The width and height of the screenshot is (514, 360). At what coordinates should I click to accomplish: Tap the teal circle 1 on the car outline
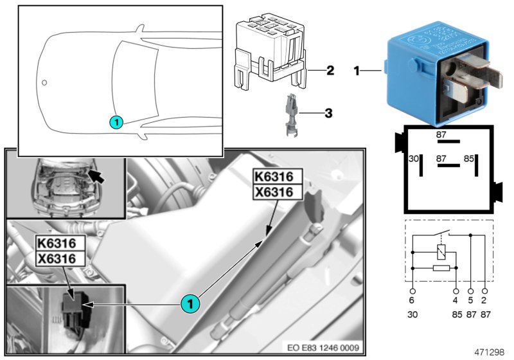[115, 121]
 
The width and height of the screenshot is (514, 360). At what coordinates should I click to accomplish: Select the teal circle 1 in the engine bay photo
[189, 301]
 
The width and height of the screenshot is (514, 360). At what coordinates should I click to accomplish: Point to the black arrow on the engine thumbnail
[97, 174]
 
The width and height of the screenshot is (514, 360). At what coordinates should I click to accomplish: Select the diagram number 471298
[490, 352]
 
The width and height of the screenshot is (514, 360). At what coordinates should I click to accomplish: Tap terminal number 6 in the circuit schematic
[412, 300]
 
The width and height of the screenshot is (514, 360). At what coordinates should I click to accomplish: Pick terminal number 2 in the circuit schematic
[483, 300]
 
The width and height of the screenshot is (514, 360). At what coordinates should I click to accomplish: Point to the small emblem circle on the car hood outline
[44, 82]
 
